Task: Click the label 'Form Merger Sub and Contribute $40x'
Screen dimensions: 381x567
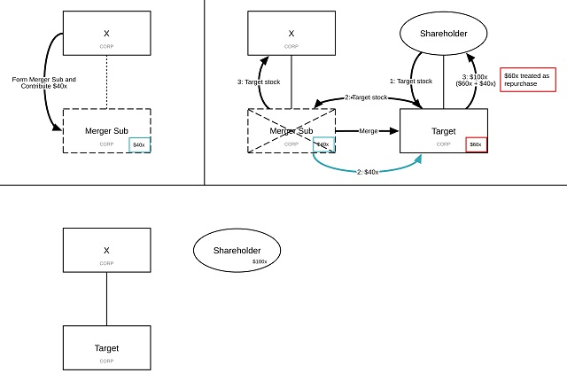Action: tap(43, 83)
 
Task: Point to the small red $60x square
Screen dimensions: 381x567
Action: tap(476, 144)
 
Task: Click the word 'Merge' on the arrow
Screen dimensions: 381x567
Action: tap(369, 131)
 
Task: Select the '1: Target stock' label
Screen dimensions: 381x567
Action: tap(412, 81)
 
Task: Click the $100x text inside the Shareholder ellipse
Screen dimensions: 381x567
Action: tap(259, 261)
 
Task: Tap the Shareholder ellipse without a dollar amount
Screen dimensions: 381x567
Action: tap(444, 33)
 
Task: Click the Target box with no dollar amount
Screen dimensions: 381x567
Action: tap(106, 347)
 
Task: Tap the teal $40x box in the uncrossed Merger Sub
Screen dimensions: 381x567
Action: tap(139, 144)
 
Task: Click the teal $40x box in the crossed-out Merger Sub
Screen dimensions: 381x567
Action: tap(323, 144)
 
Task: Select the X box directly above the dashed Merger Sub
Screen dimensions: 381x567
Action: tap(106, 34)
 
